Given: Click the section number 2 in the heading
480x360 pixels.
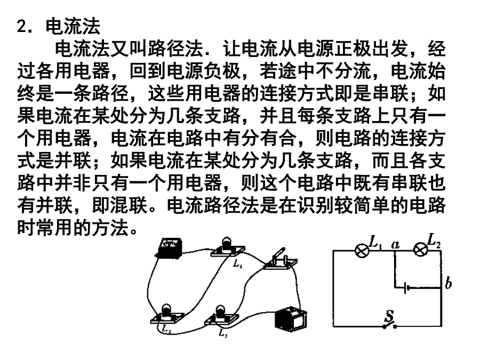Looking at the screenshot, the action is coord(22,26).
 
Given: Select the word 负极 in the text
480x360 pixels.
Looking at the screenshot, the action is coord(222,71).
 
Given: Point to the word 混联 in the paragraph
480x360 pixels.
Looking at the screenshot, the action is coord(130,205).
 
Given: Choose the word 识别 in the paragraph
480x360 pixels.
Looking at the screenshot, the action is coord(315,205).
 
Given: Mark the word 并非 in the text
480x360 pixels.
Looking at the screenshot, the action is coord(74,183).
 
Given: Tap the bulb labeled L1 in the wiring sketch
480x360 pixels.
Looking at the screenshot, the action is coord(227,247).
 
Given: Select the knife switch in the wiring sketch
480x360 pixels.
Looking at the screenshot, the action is coord(279,260).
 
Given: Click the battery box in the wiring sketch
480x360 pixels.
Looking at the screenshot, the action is coord(291,318).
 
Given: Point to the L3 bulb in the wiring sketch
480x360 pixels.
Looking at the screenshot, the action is coord(221,316).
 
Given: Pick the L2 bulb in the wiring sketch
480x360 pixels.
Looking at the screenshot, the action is coord(167,314).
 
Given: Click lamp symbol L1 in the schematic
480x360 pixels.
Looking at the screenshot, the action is coord(362,251).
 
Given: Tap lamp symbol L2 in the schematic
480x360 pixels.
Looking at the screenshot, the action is coord(421,250).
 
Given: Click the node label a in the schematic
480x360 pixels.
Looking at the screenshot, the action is coord(396,245).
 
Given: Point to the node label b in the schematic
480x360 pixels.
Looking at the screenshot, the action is coord(448,283).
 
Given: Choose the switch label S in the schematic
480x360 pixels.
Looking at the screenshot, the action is coord(389,316).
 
